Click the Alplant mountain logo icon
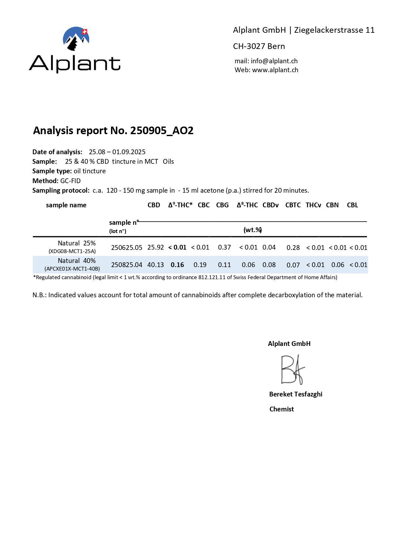pos(76,38)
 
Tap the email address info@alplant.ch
pos(274,61)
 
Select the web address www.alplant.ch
pos(275,70)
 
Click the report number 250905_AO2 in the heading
pos(162,130)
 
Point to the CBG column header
pos(222,205)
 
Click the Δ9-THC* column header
pos(180,205)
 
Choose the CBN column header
pos(332,205)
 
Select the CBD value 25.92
pos(156,247)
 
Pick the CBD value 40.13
pos(156,265)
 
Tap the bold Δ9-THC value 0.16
pos(177,265)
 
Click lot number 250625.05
pos(127,248)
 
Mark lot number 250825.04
pos(127,265)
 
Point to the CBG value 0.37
pos(224,247)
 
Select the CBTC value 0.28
pos(293,248)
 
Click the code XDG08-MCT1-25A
pos(72,251)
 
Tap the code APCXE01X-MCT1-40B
pos(72,269)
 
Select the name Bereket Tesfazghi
pos(296,394)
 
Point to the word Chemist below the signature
pos(282,409)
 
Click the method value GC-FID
pos(70,181)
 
